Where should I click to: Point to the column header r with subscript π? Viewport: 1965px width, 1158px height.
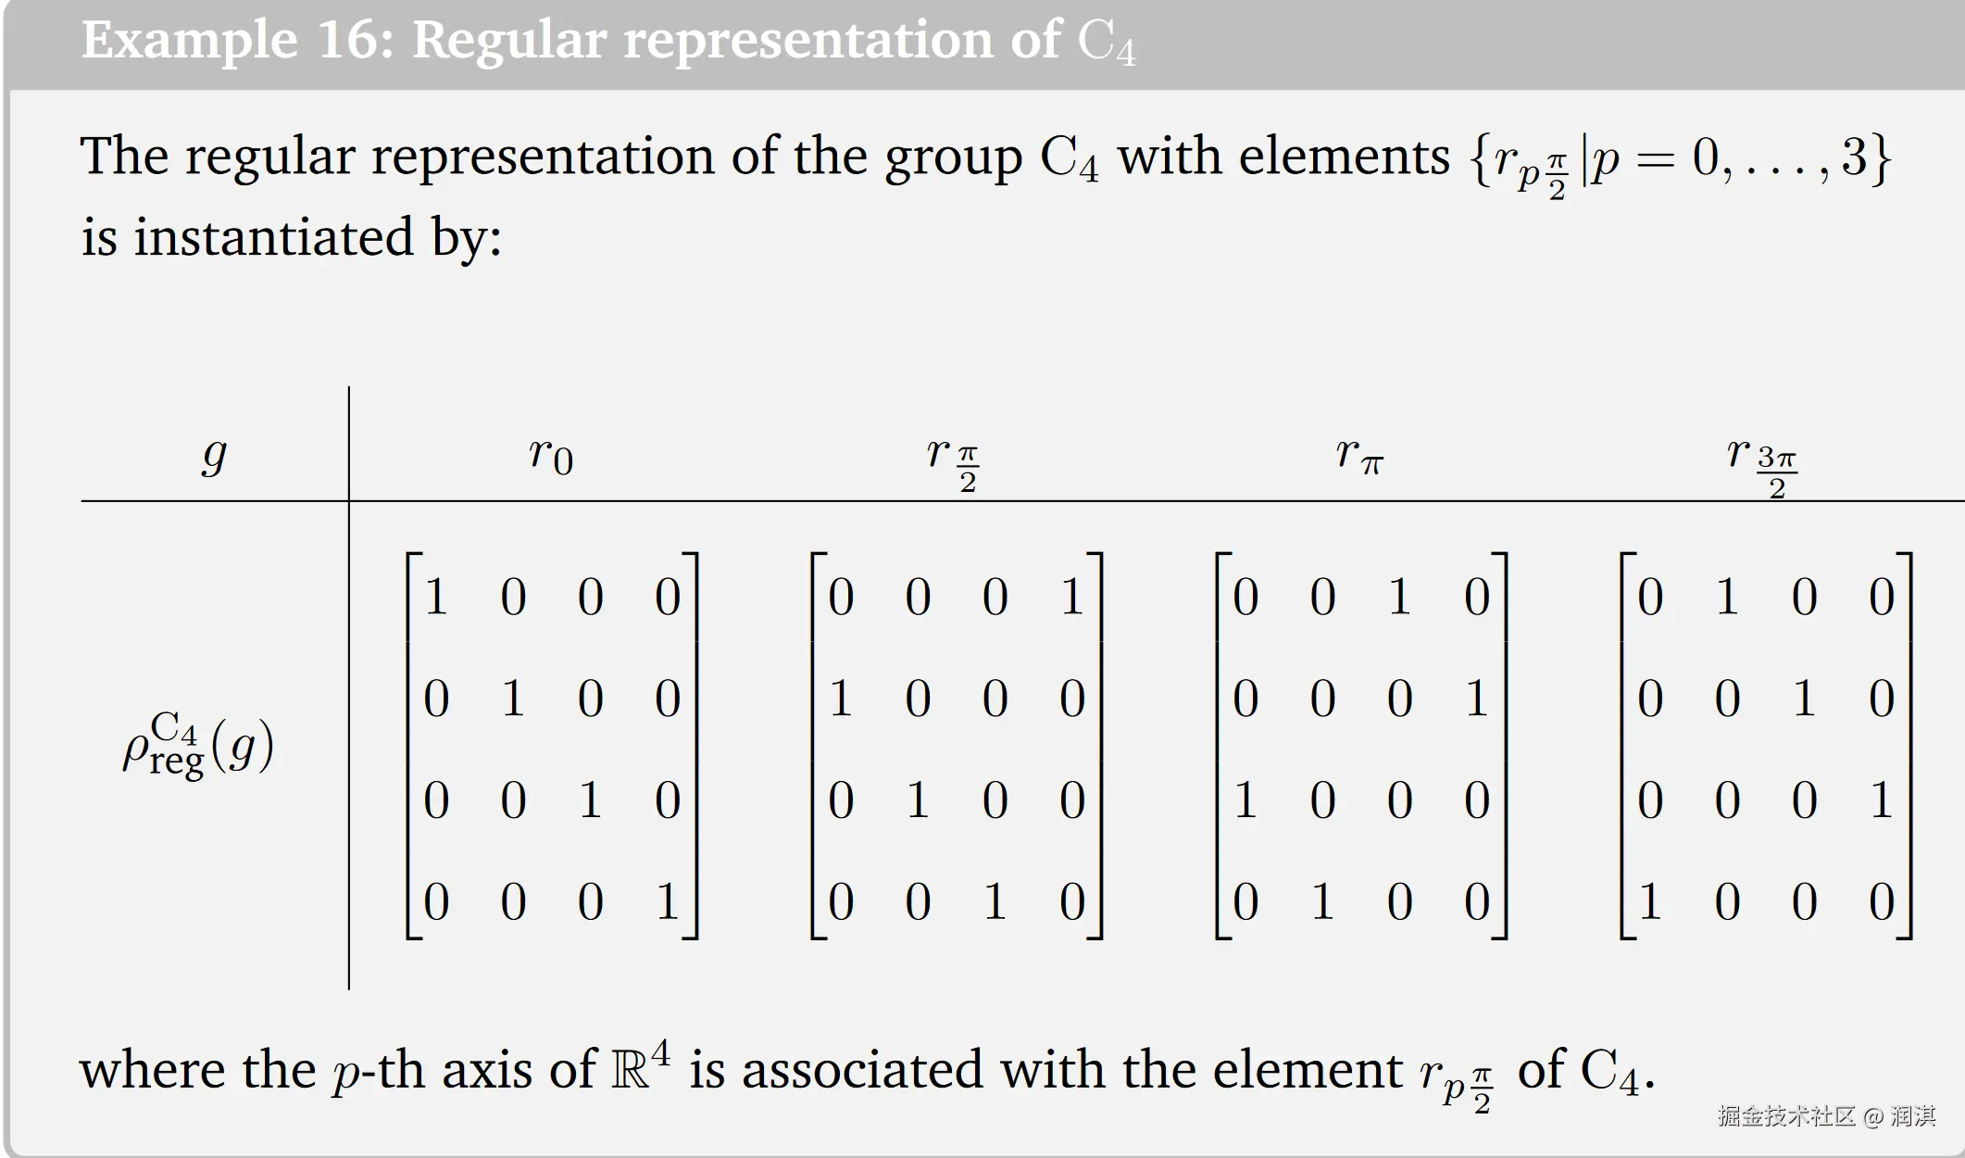[x=1359, y=454]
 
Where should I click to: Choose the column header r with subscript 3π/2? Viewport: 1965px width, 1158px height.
[x=1761, y=460]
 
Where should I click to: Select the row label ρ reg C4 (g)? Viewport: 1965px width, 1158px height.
[x=198, y=746]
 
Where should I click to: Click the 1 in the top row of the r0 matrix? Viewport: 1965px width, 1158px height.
[x=436, y=596]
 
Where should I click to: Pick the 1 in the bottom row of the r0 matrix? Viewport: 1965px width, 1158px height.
[x=667, y=900]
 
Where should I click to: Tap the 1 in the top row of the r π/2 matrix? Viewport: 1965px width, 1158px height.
[x=1071, y=596]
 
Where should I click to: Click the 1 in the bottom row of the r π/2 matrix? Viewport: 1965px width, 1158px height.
[x=995, y=900]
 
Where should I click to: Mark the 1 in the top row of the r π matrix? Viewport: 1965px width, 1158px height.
[x=1399, y=596]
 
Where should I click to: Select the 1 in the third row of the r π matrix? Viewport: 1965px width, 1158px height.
[x=1245, y=799]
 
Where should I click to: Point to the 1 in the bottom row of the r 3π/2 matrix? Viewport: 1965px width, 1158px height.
[x=1649, y=900]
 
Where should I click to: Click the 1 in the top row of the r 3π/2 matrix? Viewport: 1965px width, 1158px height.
[x=1726, y=596]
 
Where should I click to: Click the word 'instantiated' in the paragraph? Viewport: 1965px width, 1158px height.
[x=274, y=236]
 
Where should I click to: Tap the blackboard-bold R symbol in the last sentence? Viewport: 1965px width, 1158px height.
[x=630, y=1071]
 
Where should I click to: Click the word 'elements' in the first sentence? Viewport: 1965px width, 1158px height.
[x=1344, y=156]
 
